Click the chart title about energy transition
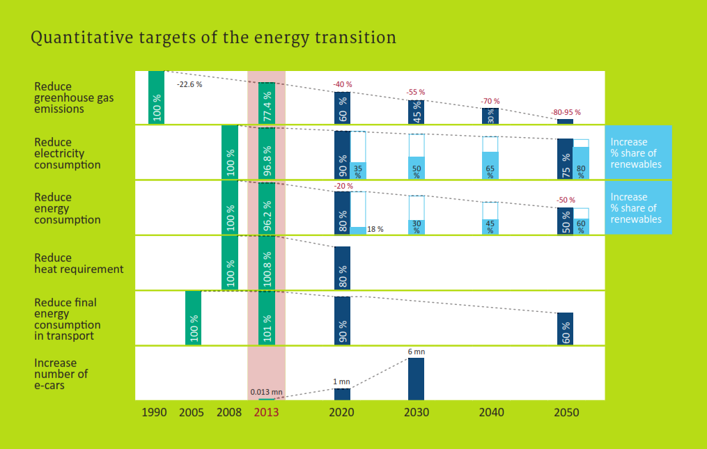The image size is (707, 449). pos(213,38)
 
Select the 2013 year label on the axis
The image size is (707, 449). pos(266,412)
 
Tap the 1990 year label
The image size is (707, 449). pos(155,412)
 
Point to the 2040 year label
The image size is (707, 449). pos(491,412)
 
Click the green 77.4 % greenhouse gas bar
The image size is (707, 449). pos(267,103)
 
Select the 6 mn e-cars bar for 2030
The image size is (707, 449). pos(416,379)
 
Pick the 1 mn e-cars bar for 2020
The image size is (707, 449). pos(342,394)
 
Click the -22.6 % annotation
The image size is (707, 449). pos(189,84)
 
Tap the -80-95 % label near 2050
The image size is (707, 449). pos(566,112)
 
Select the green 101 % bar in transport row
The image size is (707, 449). pos(267,317)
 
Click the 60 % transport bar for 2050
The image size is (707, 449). pos(565,328)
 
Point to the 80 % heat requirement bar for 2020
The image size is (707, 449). pos(342,267)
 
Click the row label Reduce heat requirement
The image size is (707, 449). pos(78,263)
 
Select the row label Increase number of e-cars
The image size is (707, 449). pos(61,374)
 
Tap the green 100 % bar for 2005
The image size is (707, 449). pos(193,317)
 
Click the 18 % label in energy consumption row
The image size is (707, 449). pos(375,228)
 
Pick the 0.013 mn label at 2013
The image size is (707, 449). pos(266,392)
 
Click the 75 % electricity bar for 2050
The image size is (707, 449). pos(565,159)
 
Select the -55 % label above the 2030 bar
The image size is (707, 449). pos(416,92)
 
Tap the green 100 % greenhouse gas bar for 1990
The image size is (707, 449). pos(156,97)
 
